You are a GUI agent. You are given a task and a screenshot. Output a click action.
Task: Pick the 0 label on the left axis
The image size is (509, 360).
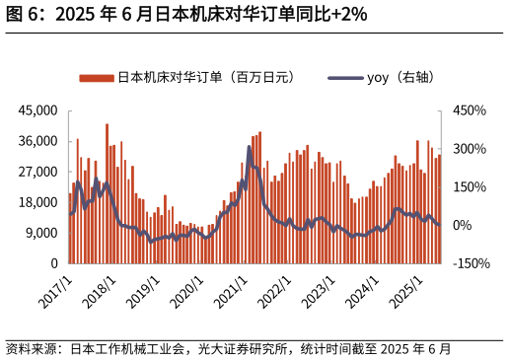click(53, 263)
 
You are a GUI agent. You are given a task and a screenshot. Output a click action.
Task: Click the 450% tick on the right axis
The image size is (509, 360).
click(470, 110)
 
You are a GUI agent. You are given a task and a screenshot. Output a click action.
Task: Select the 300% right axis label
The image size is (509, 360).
click(470, 149)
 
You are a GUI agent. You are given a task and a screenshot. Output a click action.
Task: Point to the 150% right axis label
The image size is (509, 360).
click(470, 187)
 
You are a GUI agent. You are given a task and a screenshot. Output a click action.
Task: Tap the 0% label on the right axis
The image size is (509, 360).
click(464, 226)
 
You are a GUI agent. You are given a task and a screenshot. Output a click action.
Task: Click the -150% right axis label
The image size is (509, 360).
click(472, 263)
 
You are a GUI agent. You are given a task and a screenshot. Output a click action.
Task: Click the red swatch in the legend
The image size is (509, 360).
click(97, 77)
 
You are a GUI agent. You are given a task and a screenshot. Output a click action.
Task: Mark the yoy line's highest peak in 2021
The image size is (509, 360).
click(250, 147)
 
